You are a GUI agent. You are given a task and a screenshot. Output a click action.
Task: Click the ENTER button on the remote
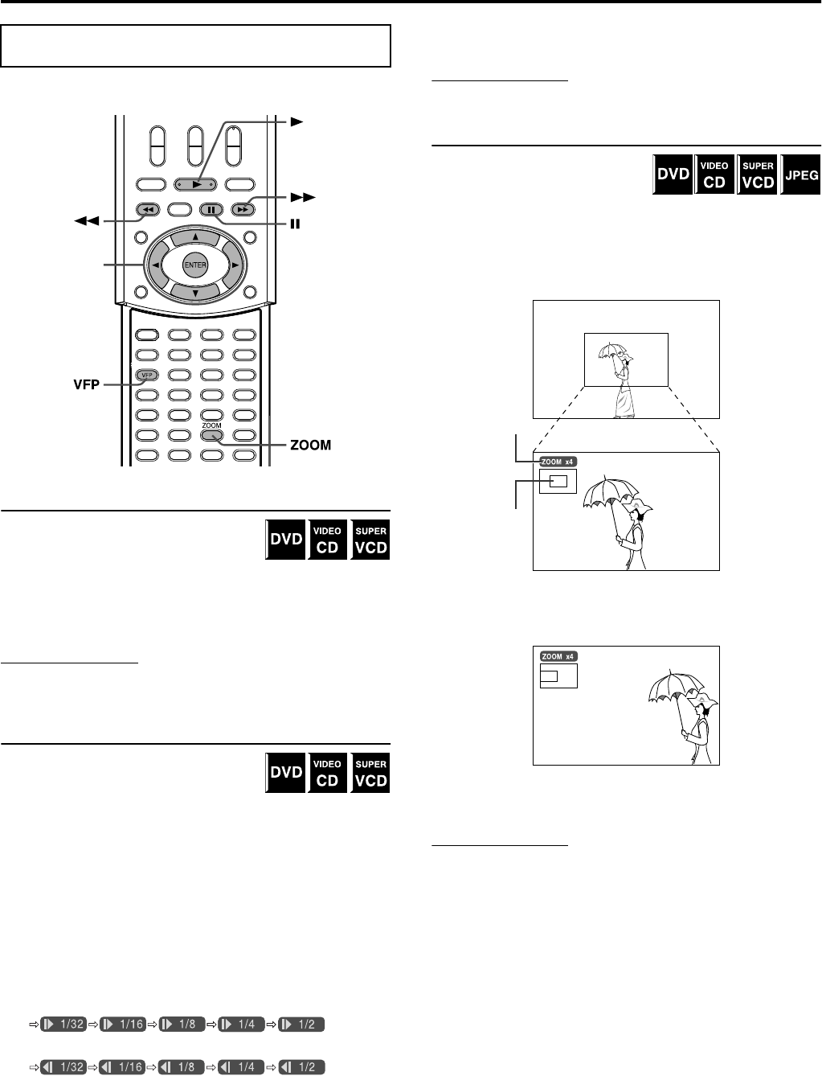pyautogui.click(x=195, y=265)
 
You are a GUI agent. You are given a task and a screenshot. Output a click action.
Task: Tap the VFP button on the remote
pyautogui.click(x=146, y=375)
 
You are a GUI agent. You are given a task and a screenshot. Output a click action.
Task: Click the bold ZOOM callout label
pyautogui.click(x=309, y=444)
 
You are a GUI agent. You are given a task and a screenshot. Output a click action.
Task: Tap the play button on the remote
pyautogui.click(x=195, y=183)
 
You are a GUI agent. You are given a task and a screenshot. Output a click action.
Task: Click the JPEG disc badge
pyautogui.click(x=801, y=174)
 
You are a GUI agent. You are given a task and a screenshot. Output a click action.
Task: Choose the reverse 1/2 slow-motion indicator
pyautogui.click(x=301, y=1067)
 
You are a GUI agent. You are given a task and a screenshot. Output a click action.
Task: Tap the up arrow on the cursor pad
pyautogui.click(x=195, y=237)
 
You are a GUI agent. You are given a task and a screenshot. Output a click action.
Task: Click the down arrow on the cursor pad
pyautogui.click(x=195, y=294)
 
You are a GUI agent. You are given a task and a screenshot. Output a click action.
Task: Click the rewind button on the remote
pyautogui.click(x=148, y=210)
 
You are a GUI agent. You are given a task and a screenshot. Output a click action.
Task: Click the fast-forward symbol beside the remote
pyautogui.click(x=305, y=196)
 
